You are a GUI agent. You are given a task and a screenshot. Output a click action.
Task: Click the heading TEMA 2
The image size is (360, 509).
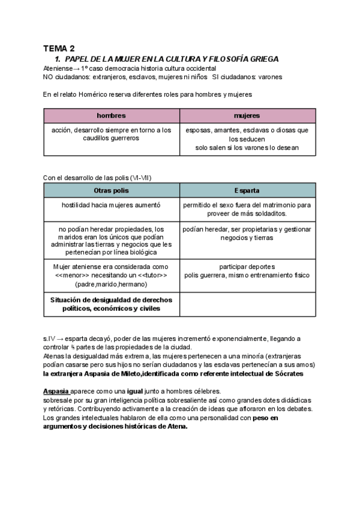59,49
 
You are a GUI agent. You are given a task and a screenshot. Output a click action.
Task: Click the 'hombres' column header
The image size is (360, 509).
111,115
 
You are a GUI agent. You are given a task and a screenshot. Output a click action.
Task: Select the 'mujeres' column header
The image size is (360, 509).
247,115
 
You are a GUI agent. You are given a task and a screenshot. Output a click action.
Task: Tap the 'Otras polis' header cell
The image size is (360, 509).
111,191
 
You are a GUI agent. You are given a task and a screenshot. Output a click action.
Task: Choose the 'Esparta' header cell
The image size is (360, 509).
247,191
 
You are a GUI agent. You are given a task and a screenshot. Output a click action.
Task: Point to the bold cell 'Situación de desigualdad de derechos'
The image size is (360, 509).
111,304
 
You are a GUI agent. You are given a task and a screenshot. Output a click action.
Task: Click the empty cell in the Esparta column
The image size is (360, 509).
247,304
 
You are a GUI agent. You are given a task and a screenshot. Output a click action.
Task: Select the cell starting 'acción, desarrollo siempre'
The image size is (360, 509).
111,134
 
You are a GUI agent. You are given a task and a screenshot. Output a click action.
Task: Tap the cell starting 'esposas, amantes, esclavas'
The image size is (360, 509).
247,138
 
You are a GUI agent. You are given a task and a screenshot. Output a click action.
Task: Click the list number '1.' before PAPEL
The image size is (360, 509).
58,59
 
